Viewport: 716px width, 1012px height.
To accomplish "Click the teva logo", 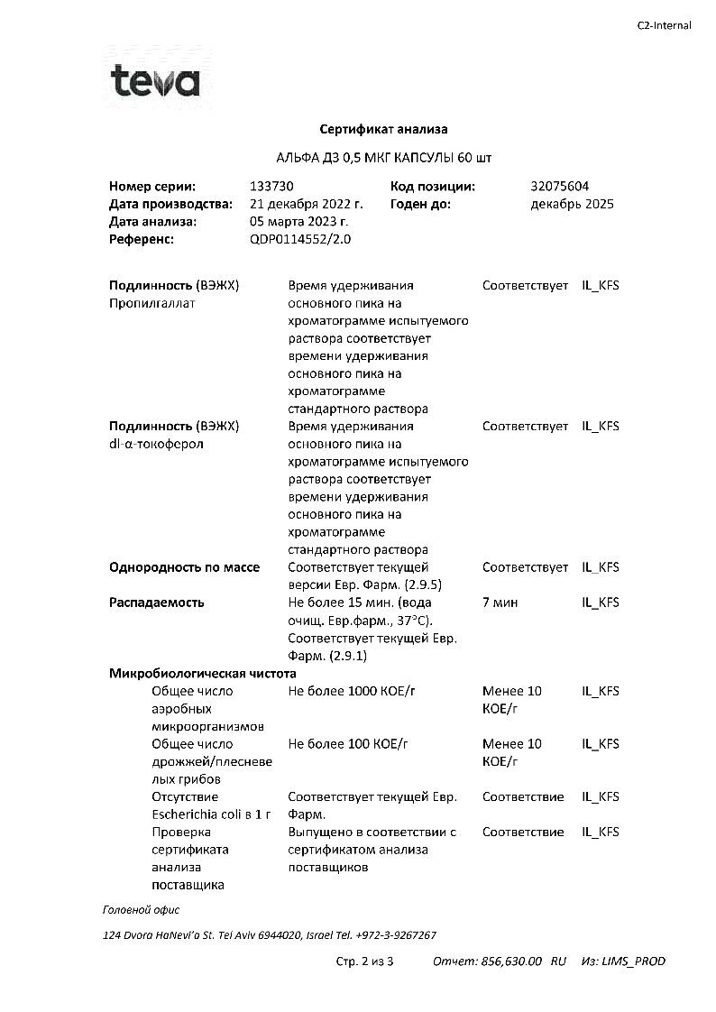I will tap(154, 83).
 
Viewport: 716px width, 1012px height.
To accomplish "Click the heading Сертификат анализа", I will tap(383, 130).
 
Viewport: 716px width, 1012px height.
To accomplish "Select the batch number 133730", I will tap(271, 187).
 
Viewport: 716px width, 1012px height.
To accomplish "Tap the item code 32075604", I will tap(560, 187).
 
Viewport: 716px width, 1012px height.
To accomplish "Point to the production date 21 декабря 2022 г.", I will tap(306, 204).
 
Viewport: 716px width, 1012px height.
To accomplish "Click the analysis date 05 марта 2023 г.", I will tap(298, 222).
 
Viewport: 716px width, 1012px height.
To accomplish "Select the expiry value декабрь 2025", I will tap(572, 204).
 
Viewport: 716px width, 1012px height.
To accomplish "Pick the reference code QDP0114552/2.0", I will tap(300, 239).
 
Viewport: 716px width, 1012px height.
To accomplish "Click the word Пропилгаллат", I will tap(152, 303).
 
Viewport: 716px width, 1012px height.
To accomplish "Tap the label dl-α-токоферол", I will tap(156, 444).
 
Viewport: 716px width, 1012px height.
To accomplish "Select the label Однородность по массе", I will tap(184, 567).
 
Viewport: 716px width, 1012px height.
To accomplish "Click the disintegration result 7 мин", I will tap(500, 603).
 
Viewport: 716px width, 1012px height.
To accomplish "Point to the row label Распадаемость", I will tap(157, 603).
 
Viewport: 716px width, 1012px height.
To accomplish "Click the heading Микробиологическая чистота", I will tap(203, 674).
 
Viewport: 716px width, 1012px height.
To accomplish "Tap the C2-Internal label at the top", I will tap(664, 25).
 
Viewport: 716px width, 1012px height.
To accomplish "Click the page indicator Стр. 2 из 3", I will tap(364, 961).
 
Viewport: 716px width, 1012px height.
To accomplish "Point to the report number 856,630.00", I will tap(510, 961).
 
